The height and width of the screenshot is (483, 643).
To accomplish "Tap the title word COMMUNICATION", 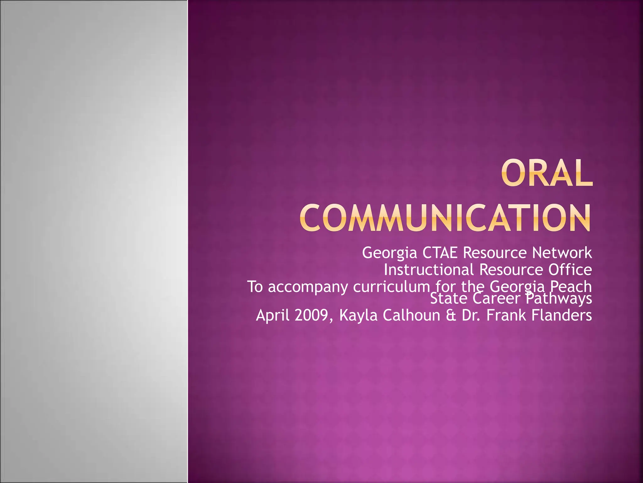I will point(445,218).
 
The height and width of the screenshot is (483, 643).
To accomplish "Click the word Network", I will point(562,253).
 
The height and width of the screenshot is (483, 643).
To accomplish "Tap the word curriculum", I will point(391,287).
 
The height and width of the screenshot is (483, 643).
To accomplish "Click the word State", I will point(449,299).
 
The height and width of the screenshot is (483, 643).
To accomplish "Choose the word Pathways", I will point(559,299).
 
